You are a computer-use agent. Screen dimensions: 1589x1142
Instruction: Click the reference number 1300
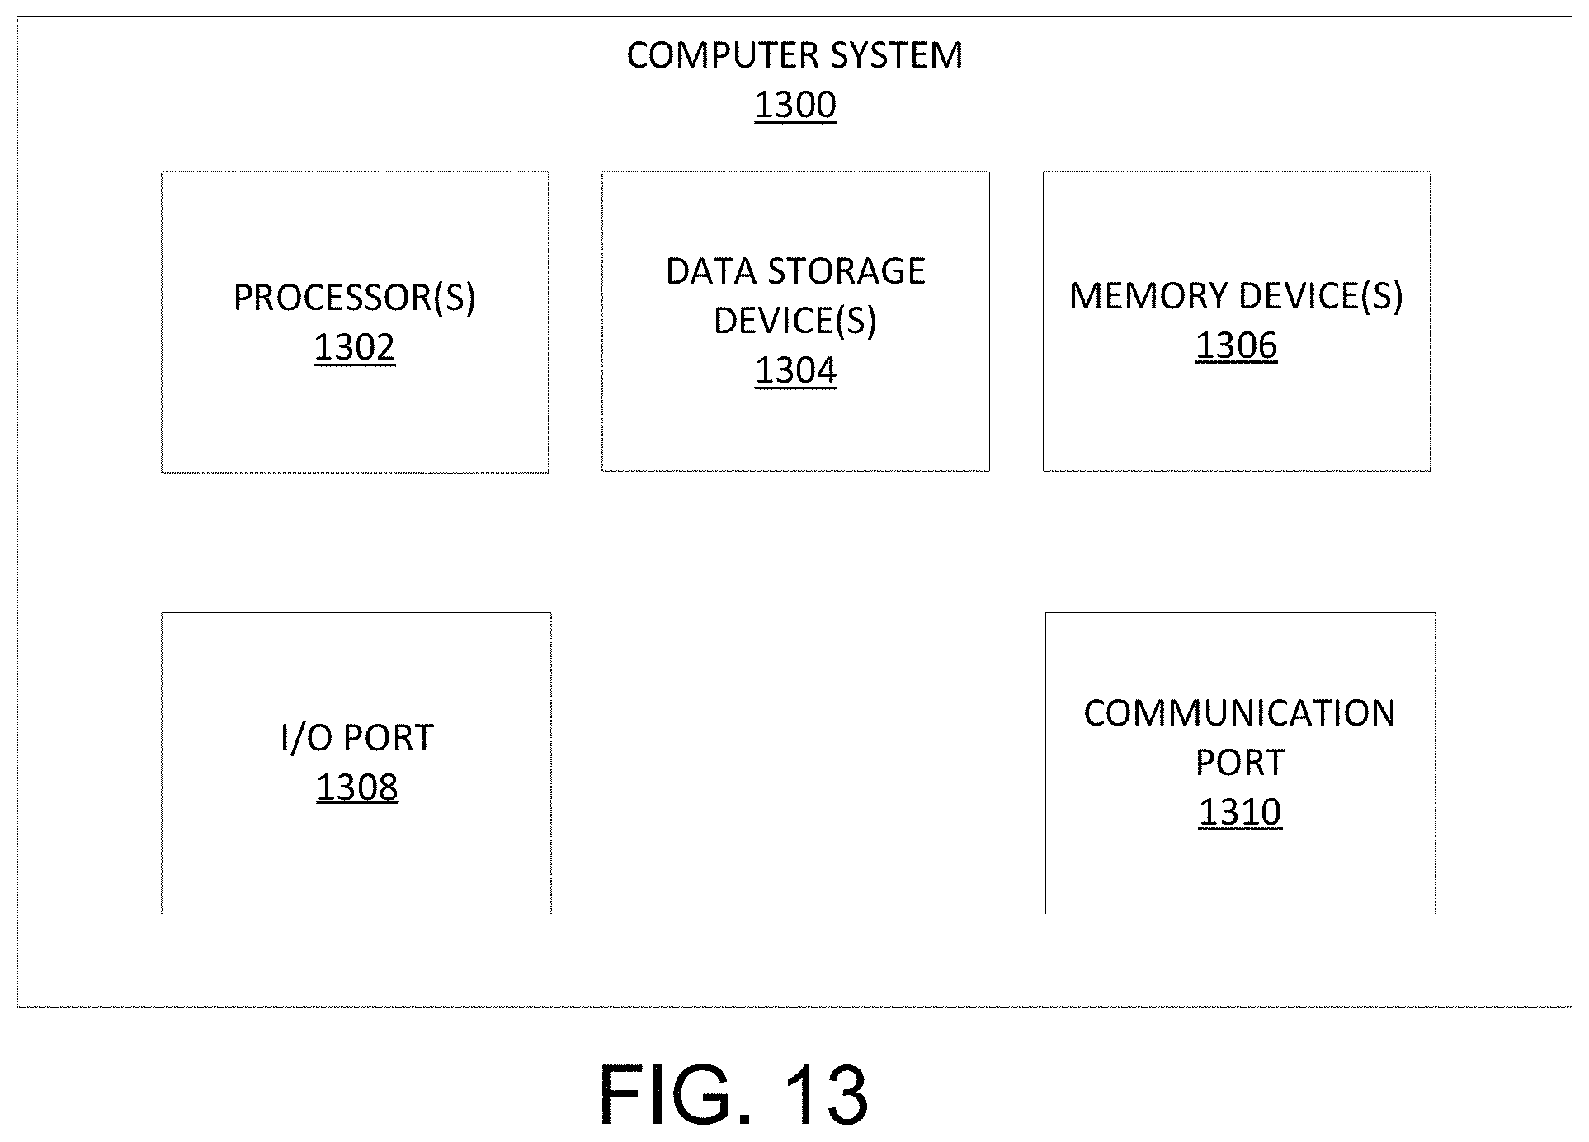[795, 106]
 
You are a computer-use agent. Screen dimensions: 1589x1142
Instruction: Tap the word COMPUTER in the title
[723, 55]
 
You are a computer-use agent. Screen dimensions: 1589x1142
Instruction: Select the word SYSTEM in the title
[896, 55]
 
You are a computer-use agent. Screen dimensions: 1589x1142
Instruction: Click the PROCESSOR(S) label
[355, 298]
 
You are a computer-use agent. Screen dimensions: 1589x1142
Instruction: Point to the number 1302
[355, 347]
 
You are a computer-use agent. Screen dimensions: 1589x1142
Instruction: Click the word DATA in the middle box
[711, 271]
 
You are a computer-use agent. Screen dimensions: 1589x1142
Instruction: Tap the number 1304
[796, 370]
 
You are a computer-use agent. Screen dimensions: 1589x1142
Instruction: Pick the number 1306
[1237, 345]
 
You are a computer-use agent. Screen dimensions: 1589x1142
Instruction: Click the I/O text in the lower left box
[305, 738]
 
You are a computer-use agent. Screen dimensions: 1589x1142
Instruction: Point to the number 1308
[357, 787]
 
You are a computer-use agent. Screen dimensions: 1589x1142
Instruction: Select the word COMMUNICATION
[1240, 713]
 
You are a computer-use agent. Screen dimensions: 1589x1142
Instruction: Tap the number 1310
[1240, 812]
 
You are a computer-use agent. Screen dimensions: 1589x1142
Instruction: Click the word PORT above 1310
[1240, 763]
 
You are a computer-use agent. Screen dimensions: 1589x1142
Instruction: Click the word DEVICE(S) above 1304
[795, 321]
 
